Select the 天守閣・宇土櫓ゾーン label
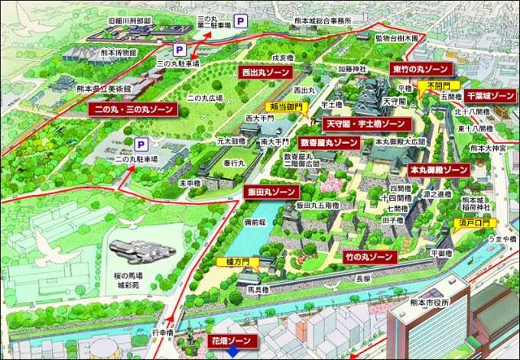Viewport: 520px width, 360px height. tap(365, 123)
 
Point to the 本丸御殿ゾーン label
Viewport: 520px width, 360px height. tap(438, 169)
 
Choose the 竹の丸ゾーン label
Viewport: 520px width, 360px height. tap(369, 257)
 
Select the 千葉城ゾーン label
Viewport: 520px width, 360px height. tap(490, 96)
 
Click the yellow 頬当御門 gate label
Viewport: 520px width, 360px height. tap(286, 108)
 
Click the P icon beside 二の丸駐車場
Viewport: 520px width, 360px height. tap(141, 144)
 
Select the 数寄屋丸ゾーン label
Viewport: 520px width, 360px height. tap(329, 142)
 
